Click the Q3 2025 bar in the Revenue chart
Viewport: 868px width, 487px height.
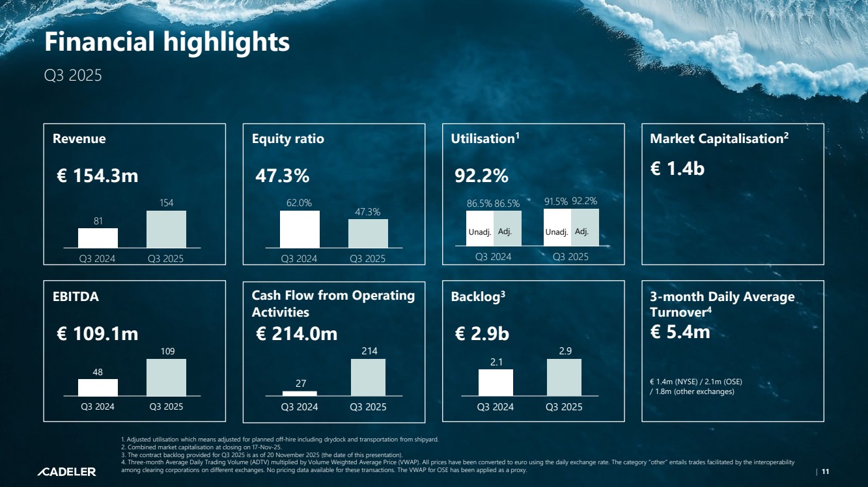click(166, 229)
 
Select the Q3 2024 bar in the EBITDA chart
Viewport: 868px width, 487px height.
click(98, 387)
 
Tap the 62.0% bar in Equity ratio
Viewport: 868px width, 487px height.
click(300, 229)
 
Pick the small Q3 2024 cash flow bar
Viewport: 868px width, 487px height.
click(300, 393)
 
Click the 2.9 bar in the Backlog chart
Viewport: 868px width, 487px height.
click(564, 377)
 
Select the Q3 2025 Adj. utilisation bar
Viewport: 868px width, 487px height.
click(585, 228)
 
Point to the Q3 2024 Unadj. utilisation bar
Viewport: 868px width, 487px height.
click(479, 229)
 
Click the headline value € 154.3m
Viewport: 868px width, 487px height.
click(98, 176)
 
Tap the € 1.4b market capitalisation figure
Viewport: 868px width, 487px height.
click(677, 168)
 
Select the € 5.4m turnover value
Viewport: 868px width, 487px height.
click(680, 332)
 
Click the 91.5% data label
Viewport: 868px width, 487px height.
click(555, 202)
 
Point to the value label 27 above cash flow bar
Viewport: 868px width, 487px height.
click(301, 384)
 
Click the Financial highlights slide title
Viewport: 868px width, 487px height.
click(167, 42)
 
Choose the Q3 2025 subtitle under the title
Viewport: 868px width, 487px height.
click(73, 75)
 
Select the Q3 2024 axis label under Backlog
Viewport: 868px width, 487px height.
click(495, 407)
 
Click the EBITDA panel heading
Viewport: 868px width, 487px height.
click(76, 296)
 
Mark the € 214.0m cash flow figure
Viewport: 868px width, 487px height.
click(297, 334)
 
